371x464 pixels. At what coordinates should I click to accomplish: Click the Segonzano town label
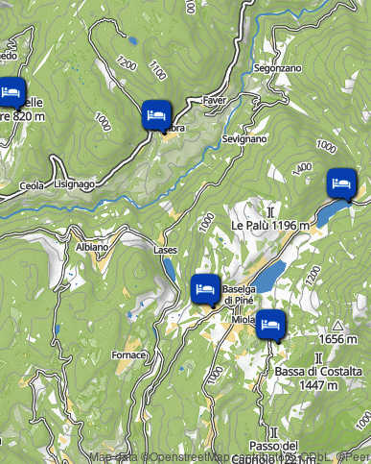point(279,68)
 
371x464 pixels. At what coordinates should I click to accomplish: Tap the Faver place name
point(214,100)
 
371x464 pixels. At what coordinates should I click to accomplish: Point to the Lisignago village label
point(75,183)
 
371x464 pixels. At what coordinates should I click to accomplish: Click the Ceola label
point(32,184)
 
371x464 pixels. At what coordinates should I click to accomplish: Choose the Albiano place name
point(93,247)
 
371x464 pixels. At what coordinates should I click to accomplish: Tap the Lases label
point(165,249)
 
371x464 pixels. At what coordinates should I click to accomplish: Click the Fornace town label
point(129,354)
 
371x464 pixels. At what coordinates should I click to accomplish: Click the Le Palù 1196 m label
point(270,225)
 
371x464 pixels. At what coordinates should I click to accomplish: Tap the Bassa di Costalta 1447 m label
point(318,378)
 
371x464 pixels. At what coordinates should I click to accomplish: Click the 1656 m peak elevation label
point(343,339)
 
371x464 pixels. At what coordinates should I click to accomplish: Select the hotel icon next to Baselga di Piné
point(204,287)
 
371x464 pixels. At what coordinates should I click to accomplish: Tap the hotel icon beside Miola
point(270,324)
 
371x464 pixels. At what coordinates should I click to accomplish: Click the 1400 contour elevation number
point(303,168)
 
